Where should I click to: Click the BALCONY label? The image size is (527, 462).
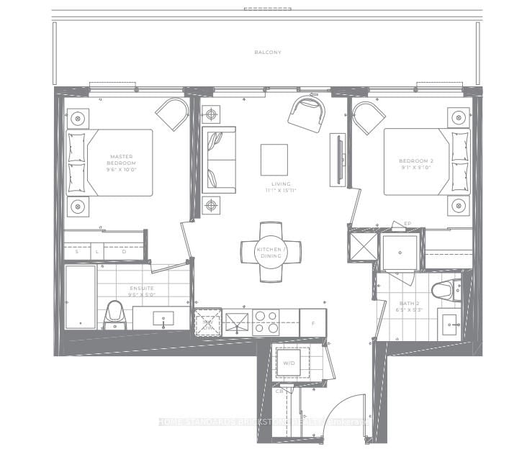tap(267, 53)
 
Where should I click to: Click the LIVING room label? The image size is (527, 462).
tap(274, 186)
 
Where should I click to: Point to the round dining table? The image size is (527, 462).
tap(271, 251)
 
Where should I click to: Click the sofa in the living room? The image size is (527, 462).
tap(219, 160)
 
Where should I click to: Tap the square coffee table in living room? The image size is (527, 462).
tap(274, 159)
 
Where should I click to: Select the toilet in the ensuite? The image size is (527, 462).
tap(114, 314)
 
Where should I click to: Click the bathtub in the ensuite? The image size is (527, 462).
tap(79, 296)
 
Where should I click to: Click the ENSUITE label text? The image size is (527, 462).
tap(141, 291)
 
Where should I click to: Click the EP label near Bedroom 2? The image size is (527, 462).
tap(407, 224)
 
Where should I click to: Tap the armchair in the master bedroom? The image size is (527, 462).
tap(172, 112)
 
